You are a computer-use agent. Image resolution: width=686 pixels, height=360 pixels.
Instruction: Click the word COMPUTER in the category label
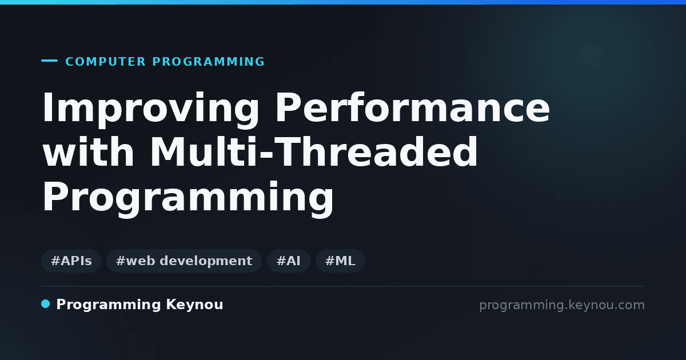(106, 62)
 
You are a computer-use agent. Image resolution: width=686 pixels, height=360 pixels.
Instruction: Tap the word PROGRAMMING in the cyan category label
(209, 62)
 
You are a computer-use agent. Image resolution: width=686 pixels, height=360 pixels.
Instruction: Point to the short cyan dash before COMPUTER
(49, 61)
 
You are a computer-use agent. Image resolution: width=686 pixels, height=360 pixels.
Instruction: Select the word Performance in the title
(413, 107)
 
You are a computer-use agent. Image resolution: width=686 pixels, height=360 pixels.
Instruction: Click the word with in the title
(89, 151)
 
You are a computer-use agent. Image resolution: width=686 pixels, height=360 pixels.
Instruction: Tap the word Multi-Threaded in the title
(314, 151)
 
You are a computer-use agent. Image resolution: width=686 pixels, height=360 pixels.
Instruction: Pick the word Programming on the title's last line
(188, 198)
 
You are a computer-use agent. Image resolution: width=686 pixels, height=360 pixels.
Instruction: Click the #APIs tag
(71, 261)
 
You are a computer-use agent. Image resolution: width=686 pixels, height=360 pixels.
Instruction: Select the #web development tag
(184, 261)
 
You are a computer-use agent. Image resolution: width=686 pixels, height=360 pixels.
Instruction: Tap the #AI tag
(289, 261)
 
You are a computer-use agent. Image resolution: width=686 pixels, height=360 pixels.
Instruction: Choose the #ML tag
(340, 261)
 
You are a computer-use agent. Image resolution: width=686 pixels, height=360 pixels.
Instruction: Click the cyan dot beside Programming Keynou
(45, 304)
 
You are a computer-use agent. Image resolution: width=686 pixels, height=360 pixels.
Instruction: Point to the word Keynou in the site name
(194, 305)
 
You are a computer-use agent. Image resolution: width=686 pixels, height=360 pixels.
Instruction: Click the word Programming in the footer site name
(109, 305)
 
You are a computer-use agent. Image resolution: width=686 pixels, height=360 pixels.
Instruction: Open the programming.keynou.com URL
(562, 305)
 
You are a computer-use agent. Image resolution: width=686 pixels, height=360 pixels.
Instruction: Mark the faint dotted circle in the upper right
(591, 57)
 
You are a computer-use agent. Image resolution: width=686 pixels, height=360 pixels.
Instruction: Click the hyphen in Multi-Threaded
(266, 153)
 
